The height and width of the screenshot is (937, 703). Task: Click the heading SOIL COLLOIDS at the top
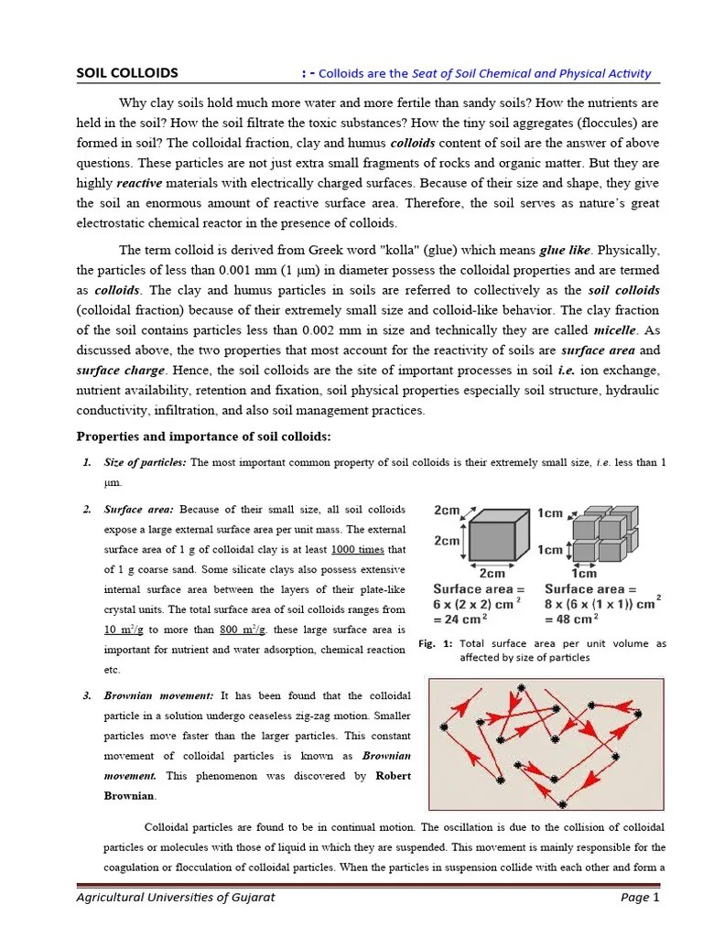(x=127, y=73)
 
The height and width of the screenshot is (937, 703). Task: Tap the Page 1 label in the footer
(x=640, y=898)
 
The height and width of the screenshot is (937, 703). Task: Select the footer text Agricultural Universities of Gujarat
(x=175, y=898)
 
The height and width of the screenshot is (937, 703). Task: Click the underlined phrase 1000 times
(x=358, y=549)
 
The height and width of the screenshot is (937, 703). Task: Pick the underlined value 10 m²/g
(x=125, y=630)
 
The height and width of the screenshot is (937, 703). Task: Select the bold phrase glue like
(x=566, y=250)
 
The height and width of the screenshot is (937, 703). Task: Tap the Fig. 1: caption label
(x=436, y=644)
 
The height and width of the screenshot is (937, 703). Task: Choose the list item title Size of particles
(x=146, y=463)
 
